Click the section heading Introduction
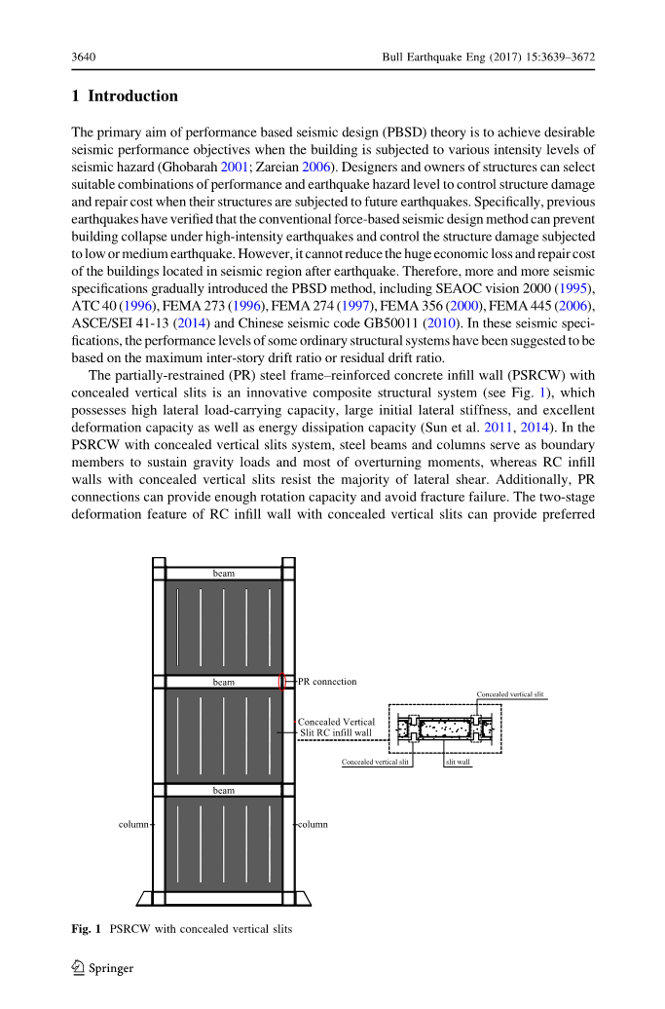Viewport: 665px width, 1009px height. (133, 96)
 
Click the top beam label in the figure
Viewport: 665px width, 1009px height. (224, 574)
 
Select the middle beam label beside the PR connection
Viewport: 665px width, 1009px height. (224, 682)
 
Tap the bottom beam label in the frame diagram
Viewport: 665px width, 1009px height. (224, 790)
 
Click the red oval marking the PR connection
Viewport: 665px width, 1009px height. (282, 682)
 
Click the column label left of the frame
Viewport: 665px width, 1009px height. (133, 824)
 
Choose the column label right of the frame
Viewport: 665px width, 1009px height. (313, 824)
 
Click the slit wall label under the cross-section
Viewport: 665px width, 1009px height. (458, 763)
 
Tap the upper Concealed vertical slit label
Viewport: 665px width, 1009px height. (509, 694)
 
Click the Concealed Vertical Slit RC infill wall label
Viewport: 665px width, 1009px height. (336, 728)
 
